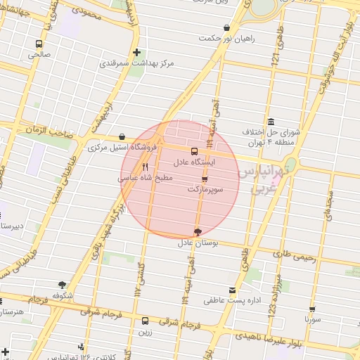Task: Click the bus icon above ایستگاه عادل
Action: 195,150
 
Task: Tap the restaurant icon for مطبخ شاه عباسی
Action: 145,167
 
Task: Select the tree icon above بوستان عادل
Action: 197,232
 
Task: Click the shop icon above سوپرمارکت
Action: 205,179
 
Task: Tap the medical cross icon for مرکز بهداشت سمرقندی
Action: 137,52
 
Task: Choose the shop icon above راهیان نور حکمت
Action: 226,28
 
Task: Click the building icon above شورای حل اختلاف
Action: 270,120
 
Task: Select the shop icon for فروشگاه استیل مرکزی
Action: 122,136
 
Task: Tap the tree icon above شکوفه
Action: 63,285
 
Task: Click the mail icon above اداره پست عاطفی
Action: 233,290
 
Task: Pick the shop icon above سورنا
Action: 312,308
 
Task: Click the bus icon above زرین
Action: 146,321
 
